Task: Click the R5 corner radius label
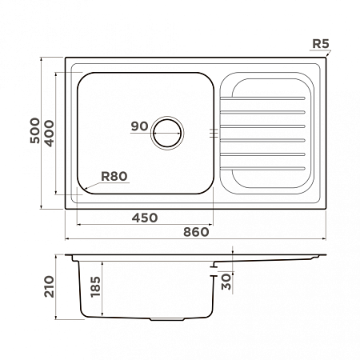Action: [x=321, y=44]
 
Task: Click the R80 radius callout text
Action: [x=114, y=176]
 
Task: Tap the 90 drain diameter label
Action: [x=139, y=126]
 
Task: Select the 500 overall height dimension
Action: [x=34, y=130]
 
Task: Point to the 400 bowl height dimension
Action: [x=49, y=134]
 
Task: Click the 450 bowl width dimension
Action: [x=145, y=218]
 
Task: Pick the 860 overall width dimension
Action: [x=196, y=232]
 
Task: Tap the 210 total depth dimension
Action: [x=49, y=286]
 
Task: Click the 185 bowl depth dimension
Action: [x=95, y=286]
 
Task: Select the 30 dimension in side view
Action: [x=226, y=282]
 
